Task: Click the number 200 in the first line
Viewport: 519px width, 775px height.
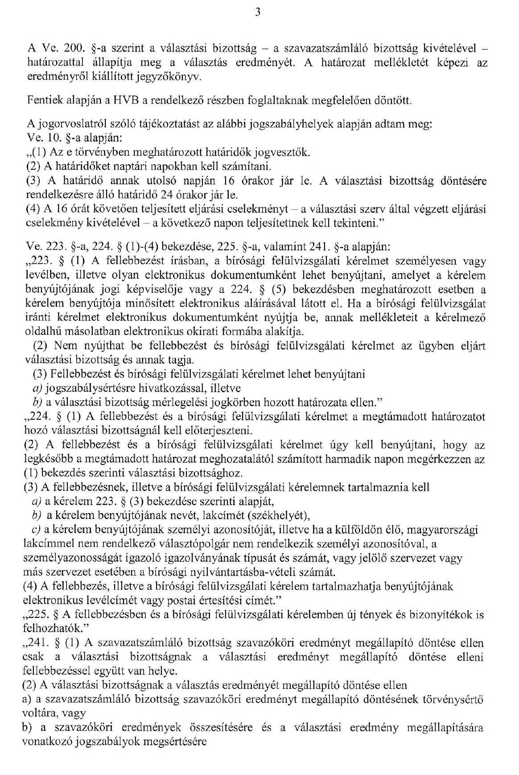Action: point(71,47)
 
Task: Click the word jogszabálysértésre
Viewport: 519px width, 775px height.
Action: point(87,388)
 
